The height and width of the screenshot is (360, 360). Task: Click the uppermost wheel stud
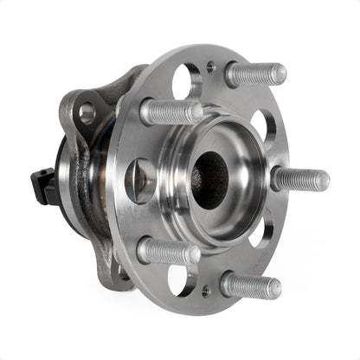255,74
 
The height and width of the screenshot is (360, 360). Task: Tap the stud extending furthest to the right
299,179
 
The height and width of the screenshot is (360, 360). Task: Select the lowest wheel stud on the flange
250,285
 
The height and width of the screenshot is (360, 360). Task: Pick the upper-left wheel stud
170,111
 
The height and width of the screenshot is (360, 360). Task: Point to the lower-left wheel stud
168,252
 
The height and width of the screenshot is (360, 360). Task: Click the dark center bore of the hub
210,179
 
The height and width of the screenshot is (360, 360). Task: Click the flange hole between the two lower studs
183,280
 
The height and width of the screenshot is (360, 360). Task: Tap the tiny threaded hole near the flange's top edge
211,65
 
